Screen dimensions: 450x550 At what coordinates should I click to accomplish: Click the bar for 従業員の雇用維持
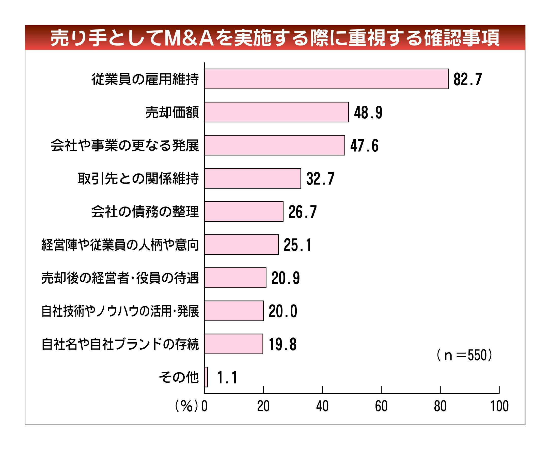326,79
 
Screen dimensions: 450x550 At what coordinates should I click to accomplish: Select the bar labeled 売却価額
276,112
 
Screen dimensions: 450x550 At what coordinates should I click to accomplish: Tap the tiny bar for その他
206,377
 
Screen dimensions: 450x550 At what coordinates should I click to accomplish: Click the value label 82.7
467,79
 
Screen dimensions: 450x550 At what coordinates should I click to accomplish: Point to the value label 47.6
364,146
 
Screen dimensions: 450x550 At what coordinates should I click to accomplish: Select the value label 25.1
297,245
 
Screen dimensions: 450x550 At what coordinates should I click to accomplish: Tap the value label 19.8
282,345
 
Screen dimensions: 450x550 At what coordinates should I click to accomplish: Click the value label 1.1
227,377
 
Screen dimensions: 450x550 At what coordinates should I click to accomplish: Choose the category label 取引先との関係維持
138,178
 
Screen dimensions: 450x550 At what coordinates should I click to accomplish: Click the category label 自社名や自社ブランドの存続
120,344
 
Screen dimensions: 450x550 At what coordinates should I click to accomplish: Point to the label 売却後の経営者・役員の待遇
120,278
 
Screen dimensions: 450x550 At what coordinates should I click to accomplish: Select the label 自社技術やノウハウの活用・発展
120,311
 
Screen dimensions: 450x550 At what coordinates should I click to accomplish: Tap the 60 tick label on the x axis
381,407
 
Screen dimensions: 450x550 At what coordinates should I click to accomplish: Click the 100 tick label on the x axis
499,407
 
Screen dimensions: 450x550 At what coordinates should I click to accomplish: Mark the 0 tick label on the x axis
204,407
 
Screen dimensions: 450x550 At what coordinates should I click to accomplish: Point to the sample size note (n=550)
464,356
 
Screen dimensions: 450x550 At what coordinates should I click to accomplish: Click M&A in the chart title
189,38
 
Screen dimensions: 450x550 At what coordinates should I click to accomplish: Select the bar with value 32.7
252,178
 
